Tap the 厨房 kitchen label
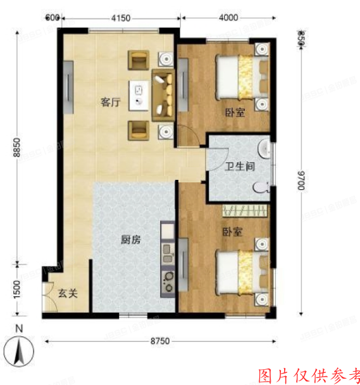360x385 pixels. [x=131, y=240]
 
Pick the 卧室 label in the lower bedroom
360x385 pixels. [x=232, y=232]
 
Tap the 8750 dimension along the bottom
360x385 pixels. [x=160, y=342]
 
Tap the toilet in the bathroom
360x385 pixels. [x=261, y=188]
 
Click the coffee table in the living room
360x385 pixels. [x=140, y=96]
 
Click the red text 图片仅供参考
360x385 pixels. [x=309, y=375]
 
